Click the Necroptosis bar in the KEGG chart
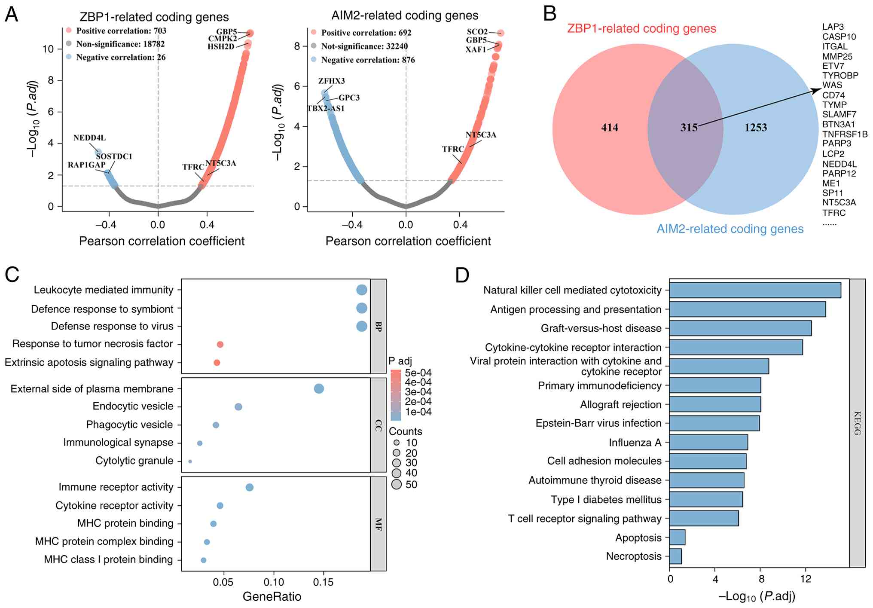tap(675, 556)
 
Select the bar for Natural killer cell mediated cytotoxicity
tap(755, 290)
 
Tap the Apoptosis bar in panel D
tap(677, 538)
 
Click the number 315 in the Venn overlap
tap(689, 128)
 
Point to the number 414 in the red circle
tap(609, 128)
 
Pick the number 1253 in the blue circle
tap(755, 128)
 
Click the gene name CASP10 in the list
tap(839, 37)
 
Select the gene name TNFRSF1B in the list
tap(845, 134)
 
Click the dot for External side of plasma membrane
tap(319, 389)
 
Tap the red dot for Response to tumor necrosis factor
tap(220, 344)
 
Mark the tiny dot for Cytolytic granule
tap(190, 461)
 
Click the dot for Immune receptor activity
tap(249, 487)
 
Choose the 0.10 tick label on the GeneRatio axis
tap(274, 582)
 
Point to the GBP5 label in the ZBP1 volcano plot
tap(226, 32)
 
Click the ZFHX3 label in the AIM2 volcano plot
tap(331, 81)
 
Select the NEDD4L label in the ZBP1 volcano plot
tap(89, 138)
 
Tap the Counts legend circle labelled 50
tap(397, 485)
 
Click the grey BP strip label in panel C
tap(378, 326)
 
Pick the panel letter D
tap(462, 275)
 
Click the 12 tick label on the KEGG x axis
tap(806, 579)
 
